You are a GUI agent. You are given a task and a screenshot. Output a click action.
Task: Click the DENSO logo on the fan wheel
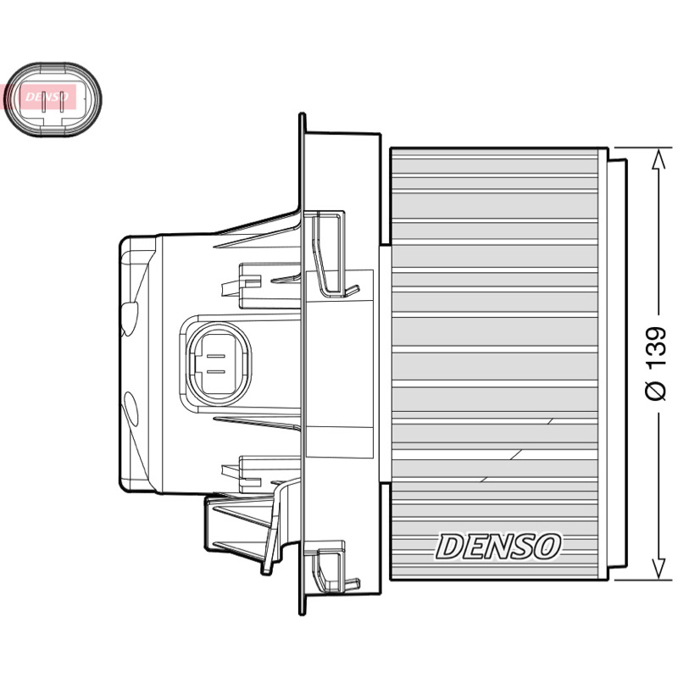coord(498,546)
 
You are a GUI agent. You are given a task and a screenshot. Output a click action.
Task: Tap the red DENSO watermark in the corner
coord(40,97)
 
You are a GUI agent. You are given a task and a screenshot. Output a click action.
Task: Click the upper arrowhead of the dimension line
coord(659,159)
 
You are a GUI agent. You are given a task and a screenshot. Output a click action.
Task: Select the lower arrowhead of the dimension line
coord(659,568)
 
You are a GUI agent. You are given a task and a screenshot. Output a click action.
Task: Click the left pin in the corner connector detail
coord(43,102)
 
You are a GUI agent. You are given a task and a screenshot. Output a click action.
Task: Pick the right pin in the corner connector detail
coord(62,102)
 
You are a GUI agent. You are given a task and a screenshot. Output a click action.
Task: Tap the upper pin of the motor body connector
coord(216,357)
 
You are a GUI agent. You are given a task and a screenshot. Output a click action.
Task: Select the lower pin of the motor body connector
coord(216,372)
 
